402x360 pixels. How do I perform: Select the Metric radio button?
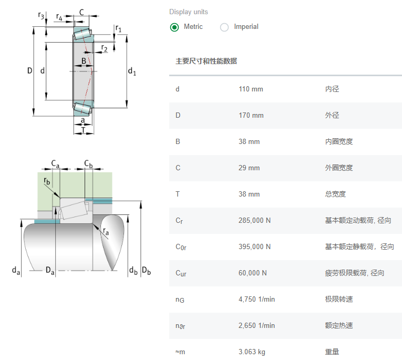(x=174, y=27)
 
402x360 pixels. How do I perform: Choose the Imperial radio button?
(x=224, y=27)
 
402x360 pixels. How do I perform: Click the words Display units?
(x=188, y=12)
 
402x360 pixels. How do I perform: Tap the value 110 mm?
(x=251, y=89)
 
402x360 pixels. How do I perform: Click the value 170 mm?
(x=251, y=115)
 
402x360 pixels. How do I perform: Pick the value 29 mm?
(x=249, y=168)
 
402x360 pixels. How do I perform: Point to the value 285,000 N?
(x=254, y=220)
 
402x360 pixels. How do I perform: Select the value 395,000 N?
(x=254, y=246)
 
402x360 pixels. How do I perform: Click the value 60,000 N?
(x=252, y=273)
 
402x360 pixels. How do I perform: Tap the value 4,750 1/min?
(x=256, y=299)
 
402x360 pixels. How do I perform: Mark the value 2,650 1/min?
(x=256, y=325)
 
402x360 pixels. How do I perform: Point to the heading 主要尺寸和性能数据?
(x=206, y=61)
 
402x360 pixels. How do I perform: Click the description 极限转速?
(x=339, y=299)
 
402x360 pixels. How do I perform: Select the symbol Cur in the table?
(x=181, y=273)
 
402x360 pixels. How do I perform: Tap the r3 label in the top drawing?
(x=42, y=16)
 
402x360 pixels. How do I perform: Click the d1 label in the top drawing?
(x=132, y=71)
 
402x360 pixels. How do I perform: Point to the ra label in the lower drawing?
(x=106, y=232)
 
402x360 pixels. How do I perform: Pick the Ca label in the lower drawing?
(x=55, y=163)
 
